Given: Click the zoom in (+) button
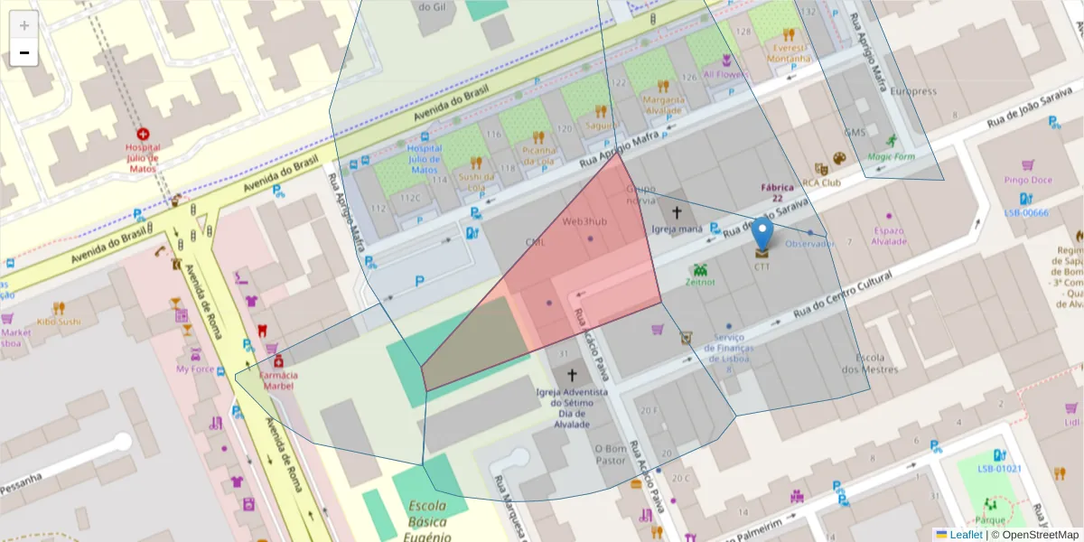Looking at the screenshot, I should pyautogui.click(x=24, y=25).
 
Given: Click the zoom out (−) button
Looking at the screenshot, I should pyautogui.click(x=24, y=52).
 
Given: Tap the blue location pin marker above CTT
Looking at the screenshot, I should pyautogui.click(x=763, y=233).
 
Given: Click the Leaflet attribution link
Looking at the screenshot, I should pyautogui.click(x=965, y=535).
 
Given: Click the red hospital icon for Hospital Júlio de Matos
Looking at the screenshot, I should pyautogui.click(x=143, y=134).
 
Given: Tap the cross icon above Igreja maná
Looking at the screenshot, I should pyautogui.click(x=677, y=212).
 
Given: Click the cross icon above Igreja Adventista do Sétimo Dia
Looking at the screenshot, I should pyautogui.click(x=570, y=375).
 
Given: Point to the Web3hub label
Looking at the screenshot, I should pyautogui.click(x=584, y=221).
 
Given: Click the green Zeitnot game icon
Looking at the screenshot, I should pyautogui.click(x=699, y=269).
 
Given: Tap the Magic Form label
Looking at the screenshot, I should pyautogui.click(x=891, y=156).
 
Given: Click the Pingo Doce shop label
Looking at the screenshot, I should pyautogui.click(x=1028, y=180).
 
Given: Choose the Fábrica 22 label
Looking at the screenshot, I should pyautogui.click(x=777, y=192).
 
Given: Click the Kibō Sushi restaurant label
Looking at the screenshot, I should pyautogui.click(x=59, y=321).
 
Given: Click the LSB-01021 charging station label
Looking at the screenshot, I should pyautogui.click(x=999, y=469).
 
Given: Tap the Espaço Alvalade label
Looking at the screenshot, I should pyautogui.click(x=888, y=236).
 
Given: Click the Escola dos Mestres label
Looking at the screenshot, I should pyautogui.click(x=870, y=362).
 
